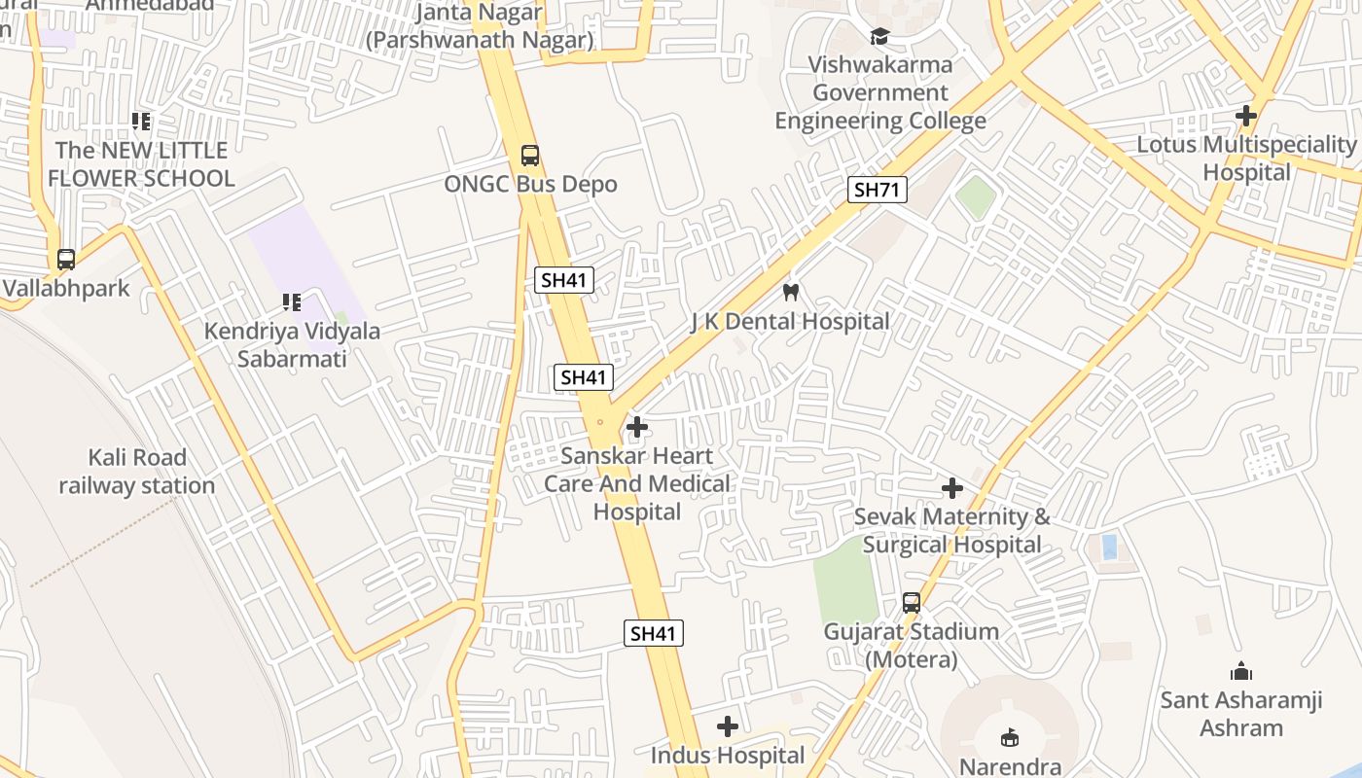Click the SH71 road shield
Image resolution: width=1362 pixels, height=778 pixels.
pyautogui.click(x=877, y=190)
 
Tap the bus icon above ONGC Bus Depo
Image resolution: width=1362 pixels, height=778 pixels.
pyautogui.click(x=530, y=155)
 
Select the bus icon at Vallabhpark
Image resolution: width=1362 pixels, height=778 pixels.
pyautogui.click(x=66, y=260)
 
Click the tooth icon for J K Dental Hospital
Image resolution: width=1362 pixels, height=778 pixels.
pyautogui.click(x=790, y=292)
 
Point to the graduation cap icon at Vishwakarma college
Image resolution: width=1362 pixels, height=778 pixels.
pyautogui.click(x=879, y=37)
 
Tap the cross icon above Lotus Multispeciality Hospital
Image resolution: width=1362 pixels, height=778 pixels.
pyautogui.click(x=1245, y=116)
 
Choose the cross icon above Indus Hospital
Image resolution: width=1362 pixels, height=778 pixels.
pyautogui.click(x=727, y=726)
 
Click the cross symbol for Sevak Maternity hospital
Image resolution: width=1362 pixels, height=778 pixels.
pyautogui.click(x=952, y=488)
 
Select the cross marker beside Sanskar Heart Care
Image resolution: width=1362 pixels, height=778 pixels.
pyautogui.click(x=637, y=427)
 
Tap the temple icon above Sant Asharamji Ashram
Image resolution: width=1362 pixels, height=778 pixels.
pyautogui.click(x=1240, y=671)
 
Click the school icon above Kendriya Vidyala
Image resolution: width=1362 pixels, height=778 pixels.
pyautogui.click(x=290, y=302)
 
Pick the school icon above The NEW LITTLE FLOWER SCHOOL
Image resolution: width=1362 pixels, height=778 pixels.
pyautogui.click(x=141, y=122)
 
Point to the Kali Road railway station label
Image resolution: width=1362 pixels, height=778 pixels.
pyautogui.click(x=137, y=472)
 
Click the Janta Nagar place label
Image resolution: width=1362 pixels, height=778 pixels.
pyautogui.click(x=479, y=26)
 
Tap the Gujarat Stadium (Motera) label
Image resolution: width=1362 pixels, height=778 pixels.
pyautogui.click(x=911, y=646)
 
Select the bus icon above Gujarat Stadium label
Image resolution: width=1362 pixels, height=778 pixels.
pyautogui.click(x=911, y=603)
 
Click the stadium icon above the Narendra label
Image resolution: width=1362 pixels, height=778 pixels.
pyautogui.click(x=1010, y=738)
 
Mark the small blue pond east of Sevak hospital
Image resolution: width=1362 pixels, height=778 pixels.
pyautogui.click(x=1108, y=547)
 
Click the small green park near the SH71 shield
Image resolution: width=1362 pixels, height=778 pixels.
pyautogui.click(x=976, y=197)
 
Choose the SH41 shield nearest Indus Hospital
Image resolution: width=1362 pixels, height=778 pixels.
pyautogui.click(x=653, y=634)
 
